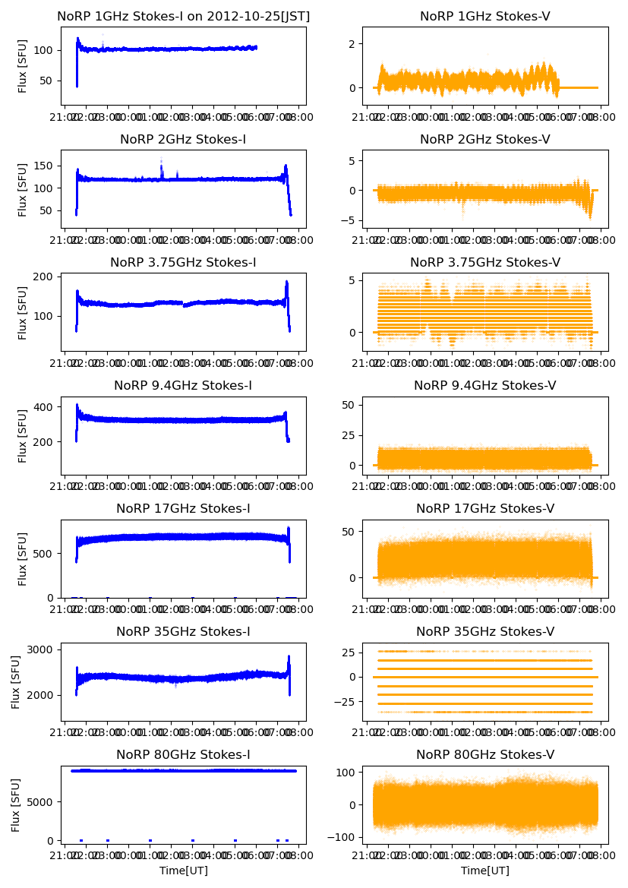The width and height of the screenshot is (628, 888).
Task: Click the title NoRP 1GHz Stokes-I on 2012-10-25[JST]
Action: pyautogui.click(x=183, y=16)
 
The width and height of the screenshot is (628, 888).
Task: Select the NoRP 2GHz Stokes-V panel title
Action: pyautogui.click(x=484, y=139)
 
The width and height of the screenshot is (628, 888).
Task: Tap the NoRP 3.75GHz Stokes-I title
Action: pyautogui.click(x=183, y=262)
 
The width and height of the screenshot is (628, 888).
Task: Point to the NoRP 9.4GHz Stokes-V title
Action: pyautogui.click(x=484, y=385)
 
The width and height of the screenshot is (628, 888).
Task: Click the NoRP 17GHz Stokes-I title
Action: pyautogui.click(x=183, y=508)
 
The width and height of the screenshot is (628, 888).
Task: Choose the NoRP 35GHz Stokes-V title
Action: pyautogui.click(x=484, y=631)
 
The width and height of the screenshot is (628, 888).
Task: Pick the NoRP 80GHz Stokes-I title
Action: pyautogui.click(x=183, y=754)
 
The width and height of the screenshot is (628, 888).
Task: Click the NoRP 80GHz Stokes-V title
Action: pyautogui.click(x=484, y=754)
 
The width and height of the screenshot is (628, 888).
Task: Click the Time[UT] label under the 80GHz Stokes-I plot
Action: pyautogui.click(x=183, y=871)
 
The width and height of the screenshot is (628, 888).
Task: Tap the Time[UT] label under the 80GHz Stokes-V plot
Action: pyautogui.click(x=484, y=871)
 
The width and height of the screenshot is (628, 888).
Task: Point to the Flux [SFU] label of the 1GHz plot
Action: pyautogui.click(x=23, y=65)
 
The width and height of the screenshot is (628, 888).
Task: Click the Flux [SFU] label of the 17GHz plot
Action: pyautogui.click(x=23, y=558)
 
